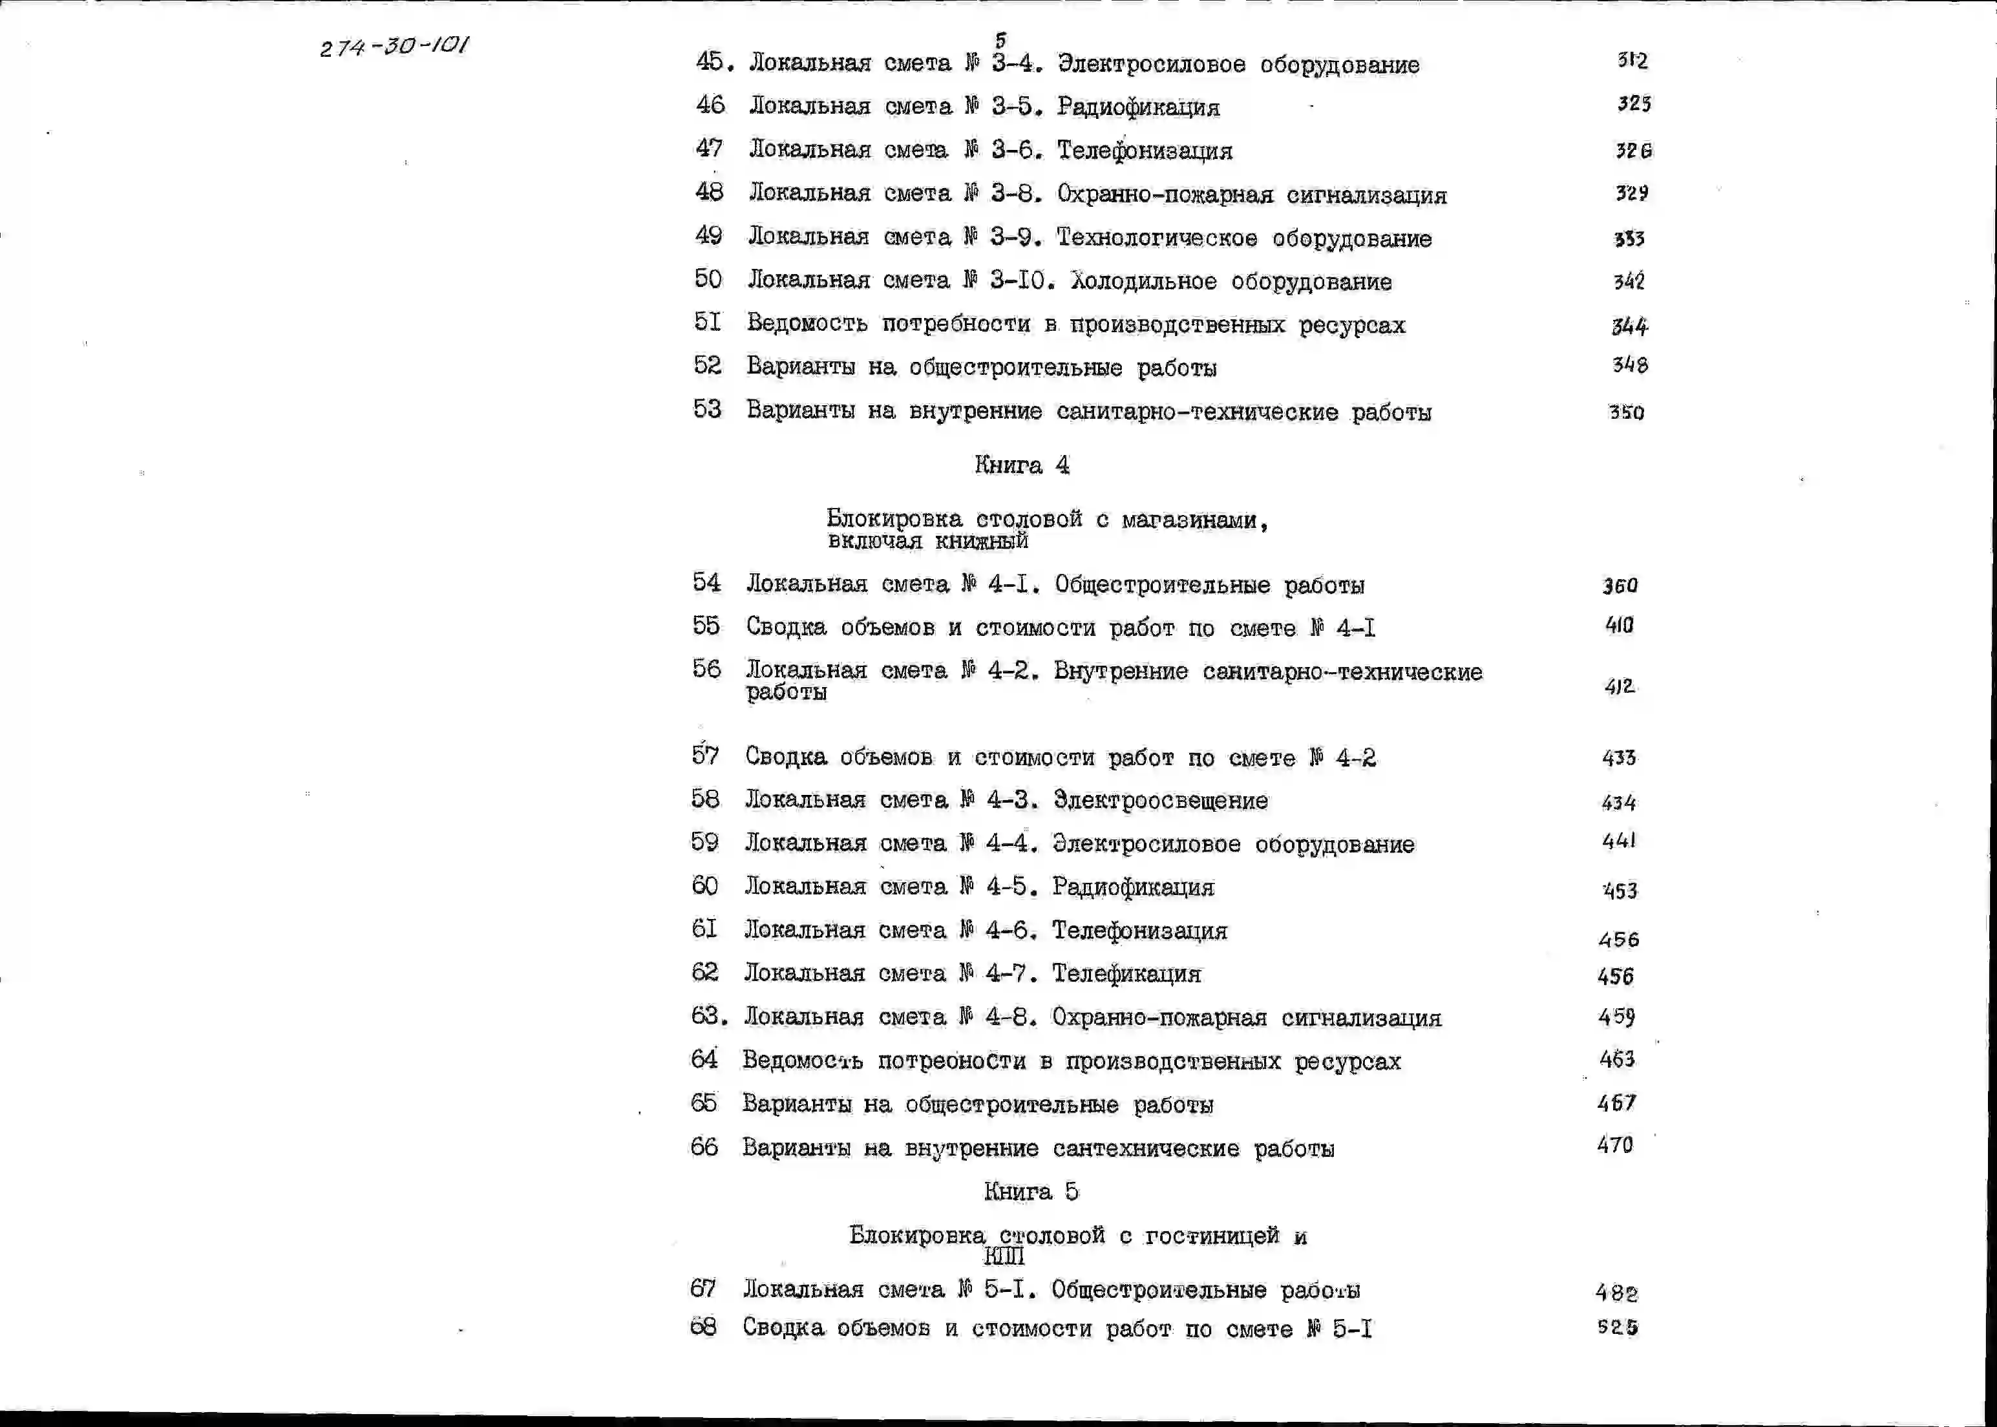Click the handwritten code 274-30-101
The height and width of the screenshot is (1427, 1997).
(394, 46)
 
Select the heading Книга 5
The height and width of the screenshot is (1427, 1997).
(1031, 1192)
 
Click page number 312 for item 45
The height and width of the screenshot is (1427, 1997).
(1631, 61)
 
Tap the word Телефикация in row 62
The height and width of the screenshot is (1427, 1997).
(1126, 973)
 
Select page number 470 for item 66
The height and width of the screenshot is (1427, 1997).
(1615, 1145)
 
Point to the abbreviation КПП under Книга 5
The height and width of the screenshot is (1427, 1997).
(1003, 1256)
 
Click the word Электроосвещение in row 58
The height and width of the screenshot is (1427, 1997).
(1159, 801)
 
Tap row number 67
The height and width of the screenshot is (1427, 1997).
(703, 1289)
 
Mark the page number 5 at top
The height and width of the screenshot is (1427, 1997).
(1000, 39)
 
